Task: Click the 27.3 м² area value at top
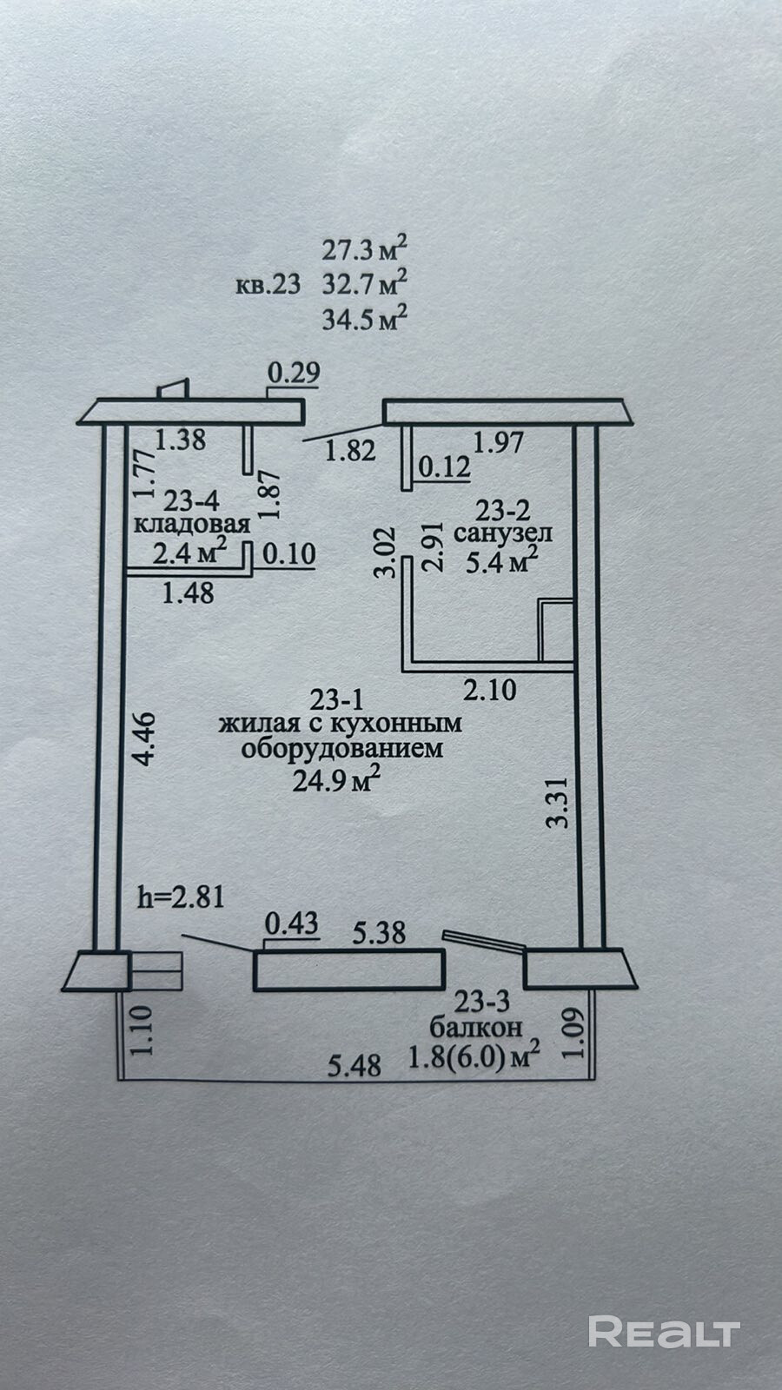click(364, 249)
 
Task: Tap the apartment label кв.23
click(268, 284)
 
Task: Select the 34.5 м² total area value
click(364, 319)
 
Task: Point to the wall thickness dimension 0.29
click(294, 373)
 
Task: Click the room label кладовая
click(192, 524)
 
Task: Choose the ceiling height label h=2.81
click(181, 896)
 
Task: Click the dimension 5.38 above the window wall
click(379, 933)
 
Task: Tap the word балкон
click(475, 1027)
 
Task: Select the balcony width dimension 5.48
click(355, 1064)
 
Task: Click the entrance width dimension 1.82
click(349, 451)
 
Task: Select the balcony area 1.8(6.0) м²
click(474, 1056)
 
